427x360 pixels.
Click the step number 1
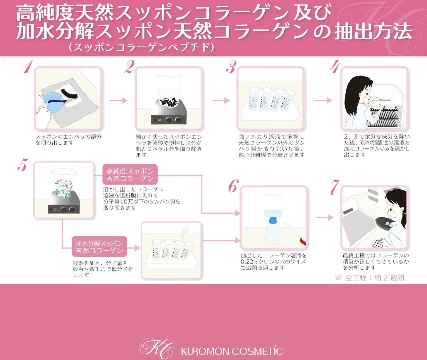[x=28, y=67]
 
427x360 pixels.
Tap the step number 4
[x=335, y=67]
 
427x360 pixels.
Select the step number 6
[x=233, y=186]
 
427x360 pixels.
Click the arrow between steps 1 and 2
[x=119, y=100]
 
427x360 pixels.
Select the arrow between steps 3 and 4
[x=323, y=100]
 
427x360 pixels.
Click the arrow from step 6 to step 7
[x=325, y=217]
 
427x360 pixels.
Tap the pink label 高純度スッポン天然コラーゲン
[x=130, y=175]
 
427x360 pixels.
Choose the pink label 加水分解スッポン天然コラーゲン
[x=99, y=247]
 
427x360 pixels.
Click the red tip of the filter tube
[x=302, y=241]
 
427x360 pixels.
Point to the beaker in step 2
[x=169, y=91]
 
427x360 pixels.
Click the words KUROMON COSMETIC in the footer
[x=232, y=352]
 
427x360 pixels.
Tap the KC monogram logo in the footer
[x=157, y=349]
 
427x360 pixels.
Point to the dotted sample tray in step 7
[x=376, y=243]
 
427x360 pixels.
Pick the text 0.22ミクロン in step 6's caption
[x=257, y=262]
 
